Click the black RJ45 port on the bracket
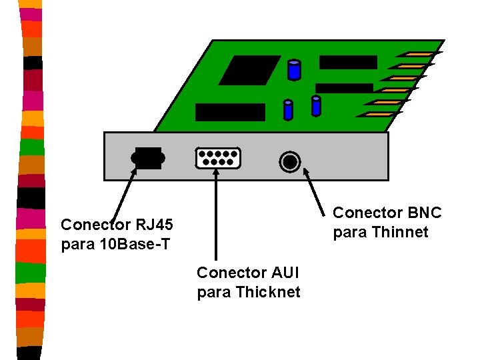tap(147, 158)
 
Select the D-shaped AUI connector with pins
tap(217, 157)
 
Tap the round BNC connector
tap(290, 161)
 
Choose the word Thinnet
tap(399, 233)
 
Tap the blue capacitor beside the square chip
tap(293, 70)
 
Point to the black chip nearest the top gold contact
tap(348, 62)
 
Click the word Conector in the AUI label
tap(223, 273)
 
